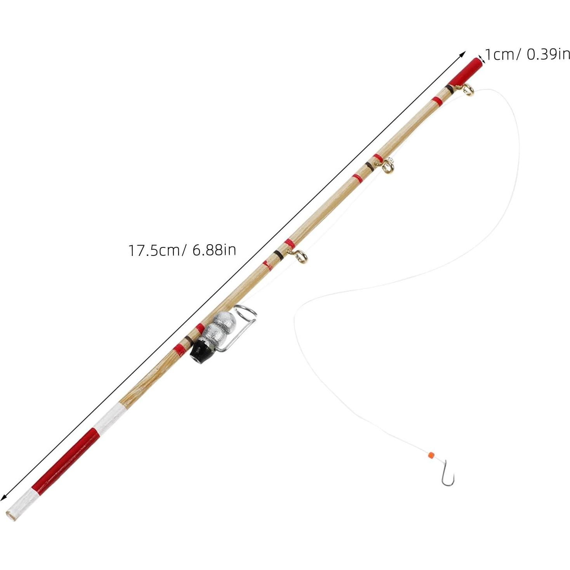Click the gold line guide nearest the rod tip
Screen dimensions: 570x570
[x=467, y=90]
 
